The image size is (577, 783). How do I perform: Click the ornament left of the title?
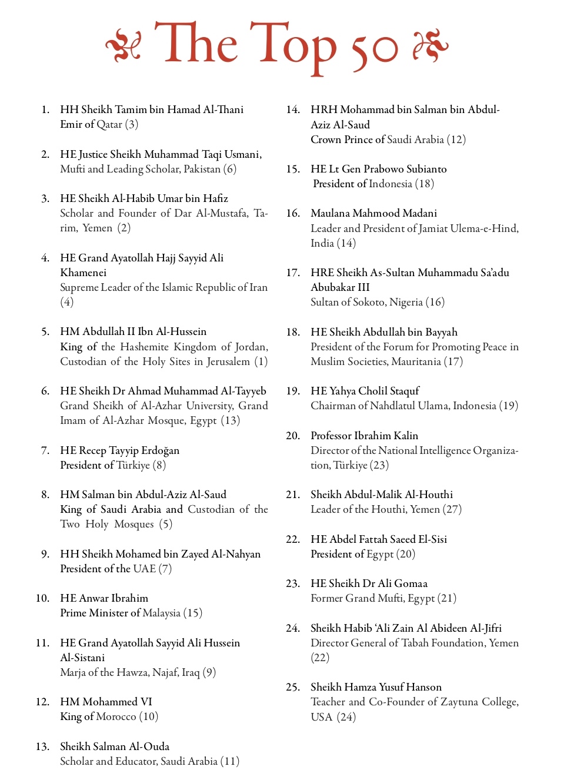[x=123, y=46]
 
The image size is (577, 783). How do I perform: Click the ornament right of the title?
[x=430, y=46]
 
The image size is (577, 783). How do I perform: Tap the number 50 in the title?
[x=374, y=51]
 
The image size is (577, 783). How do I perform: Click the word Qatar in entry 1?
[x=109, y=124]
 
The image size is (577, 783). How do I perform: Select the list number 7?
[x=45, y=450]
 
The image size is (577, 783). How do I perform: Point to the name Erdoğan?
[x=160, y=450]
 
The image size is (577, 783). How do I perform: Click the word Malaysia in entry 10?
[x=162, y=613]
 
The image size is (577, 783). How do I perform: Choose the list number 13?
[x=42, y=746]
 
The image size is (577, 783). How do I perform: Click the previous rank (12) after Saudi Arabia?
[x=456, y=140]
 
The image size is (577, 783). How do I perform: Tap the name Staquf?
[x=405, y=391]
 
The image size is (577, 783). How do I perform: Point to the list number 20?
[x=293, y=436]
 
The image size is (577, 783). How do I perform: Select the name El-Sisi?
[x=432, y=539]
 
